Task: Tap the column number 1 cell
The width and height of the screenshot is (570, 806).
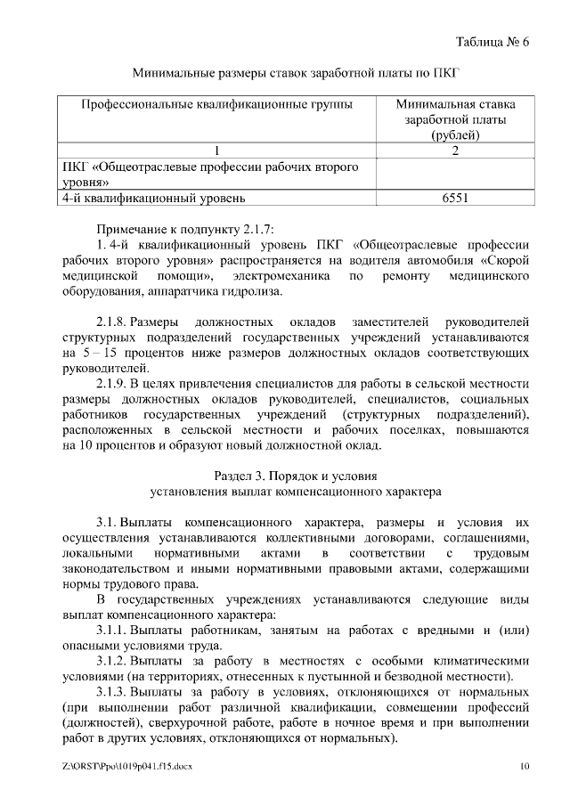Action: click(216, 151)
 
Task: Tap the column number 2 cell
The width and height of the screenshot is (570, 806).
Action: click(455, 151)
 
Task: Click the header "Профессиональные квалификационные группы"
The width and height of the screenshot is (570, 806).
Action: click(216, 104)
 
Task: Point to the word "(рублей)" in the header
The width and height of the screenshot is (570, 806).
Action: click(455, 134)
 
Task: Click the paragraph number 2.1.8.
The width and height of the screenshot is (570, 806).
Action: click(114, 322)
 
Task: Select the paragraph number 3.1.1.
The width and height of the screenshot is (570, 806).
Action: click(114, 631)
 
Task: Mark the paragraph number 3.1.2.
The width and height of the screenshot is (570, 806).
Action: click(114, 664)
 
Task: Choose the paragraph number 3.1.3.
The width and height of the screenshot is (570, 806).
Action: click(114, 696)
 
